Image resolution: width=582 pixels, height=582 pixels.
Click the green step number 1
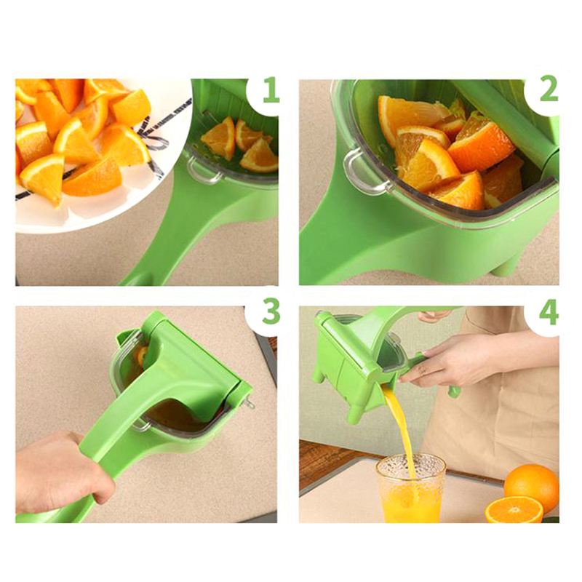[x=271, y=89]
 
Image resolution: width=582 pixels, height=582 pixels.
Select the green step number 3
[x=271, y=311]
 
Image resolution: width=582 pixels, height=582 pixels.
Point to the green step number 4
[x=549, y=311]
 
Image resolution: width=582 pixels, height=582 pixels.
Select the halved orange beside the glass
[x=514, y=510]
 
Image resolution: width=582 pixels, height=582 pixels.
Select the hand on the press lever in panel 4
[x=434, y=316]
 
